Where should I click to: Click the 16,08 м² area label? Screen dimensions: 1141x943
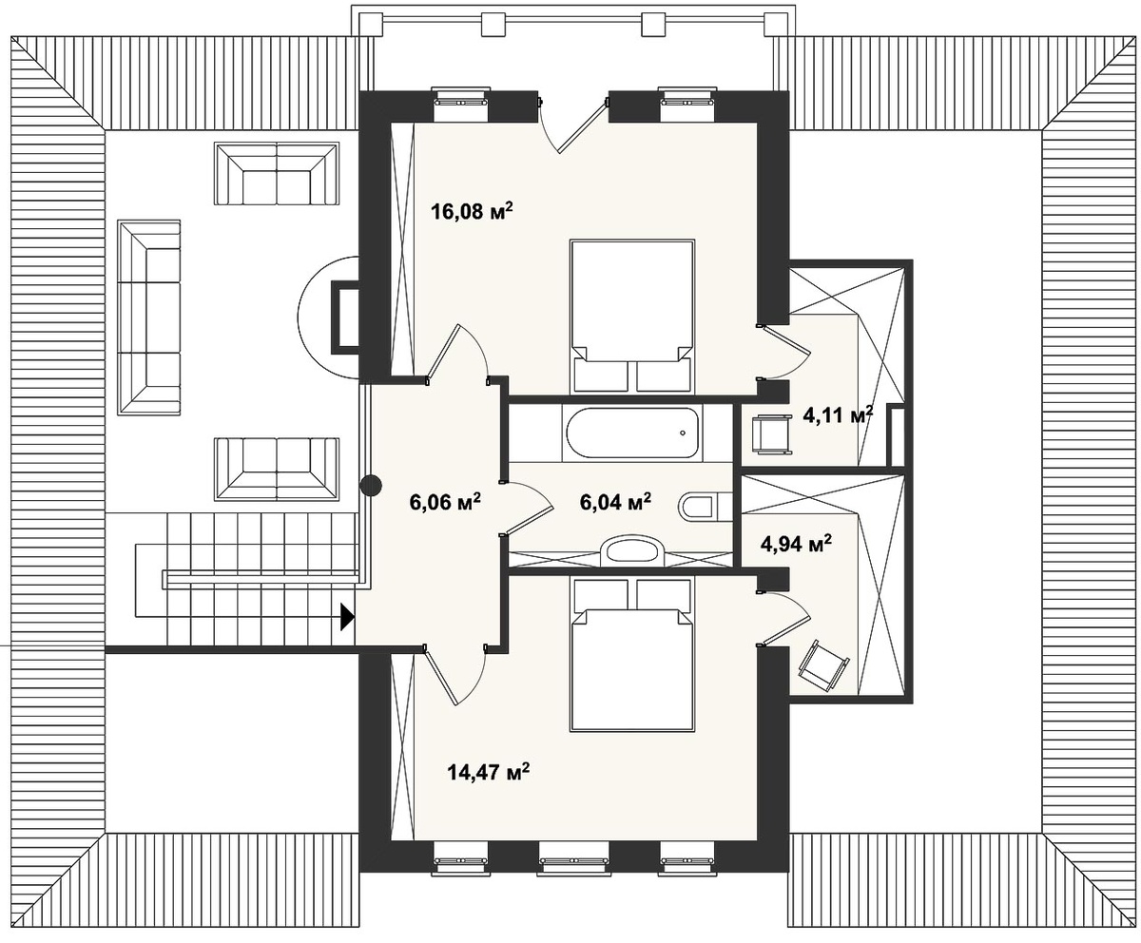click(473, 211)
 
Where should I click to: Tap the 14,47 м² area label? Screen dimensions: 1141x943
click(489, 772)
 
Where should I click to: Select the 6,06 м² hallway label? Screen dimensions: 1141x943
click(445, 502)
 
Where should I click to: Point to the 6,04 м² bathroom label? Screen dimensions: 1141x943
click(615, 501)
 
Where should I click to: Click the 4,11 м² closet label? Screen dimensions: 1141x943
click(838, 415)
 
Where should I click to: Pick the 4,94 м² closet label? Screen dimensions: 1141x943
click(796, 544)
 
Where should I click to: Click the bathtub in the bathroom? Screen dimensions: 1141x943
click(632, 433)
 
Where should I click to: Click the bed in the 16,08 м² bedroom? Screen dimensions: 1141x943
click(632, 317)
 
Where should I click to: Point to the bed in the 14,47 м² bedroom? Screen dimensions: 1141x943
click(632, 655)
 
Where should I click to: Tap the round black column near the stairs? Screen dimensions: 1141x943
click(371, 485)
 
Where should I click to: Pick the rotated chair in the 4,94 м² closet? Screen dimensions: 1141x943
click(823, 668)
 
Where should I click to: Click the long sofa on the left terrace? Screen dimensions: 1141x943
click(149, 318)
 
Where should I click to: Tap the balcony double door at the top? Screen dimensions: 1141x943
click(573, 125)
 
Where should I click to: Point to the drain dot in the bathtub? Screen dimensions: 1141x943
click(683, 433)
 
